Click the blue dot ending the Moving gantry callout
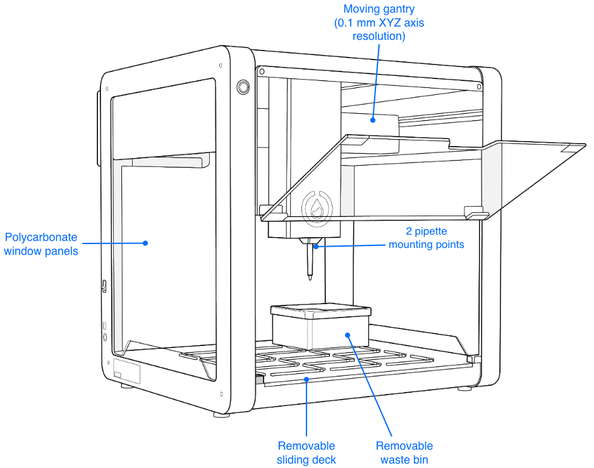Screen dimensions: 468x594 (x=373, y=120)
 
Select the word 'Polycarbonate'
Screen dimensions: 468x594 (x=42, y=238)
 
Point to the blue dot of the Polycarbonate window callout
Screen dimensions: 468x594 (x=145, y=242)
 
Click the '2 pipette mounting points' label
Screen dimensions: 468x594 (x=427, y=238)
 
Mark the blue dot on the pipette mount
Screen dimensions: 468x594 (x=316, y=246)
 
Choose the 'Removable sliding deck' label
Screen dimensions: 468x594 (x=306, y=453)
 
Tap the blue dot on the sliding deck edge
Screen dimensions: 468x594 (x=306, y=379)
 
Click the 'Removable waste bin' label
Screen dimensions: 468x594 (x=404, y=453)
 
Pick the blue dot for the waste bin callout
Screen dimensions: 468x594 (x=347, y=333)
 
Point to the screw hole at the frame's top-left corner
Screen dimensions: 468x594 (x=107, y=88)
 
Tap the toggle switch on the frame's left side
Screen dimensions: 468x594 (x=104, y=286)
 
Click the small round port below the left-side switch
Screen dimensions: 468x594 (x=104, y=337)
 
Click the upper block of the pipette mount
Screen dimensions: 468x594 (x=347, y=189)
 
